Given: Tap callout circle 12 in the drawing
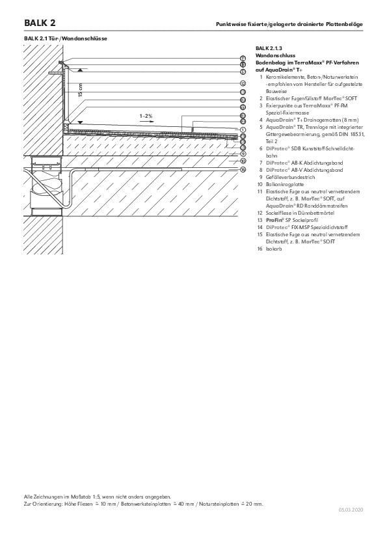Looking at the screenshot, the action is click(243, 83).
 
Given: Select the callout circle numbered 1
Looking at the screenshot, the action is click(243, 130).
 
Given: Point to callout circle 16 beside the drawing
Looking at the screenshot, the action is click(243, 169).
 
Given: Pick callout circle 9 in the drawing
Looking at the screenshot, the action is click(243, 154).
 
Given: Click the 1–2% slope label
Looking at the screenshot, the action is click(146, 115).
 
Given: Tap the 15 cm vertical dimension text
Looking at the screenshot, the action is click(81, 90).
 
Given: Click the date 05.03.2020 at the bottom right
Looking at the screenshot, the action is click(351, 512).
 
